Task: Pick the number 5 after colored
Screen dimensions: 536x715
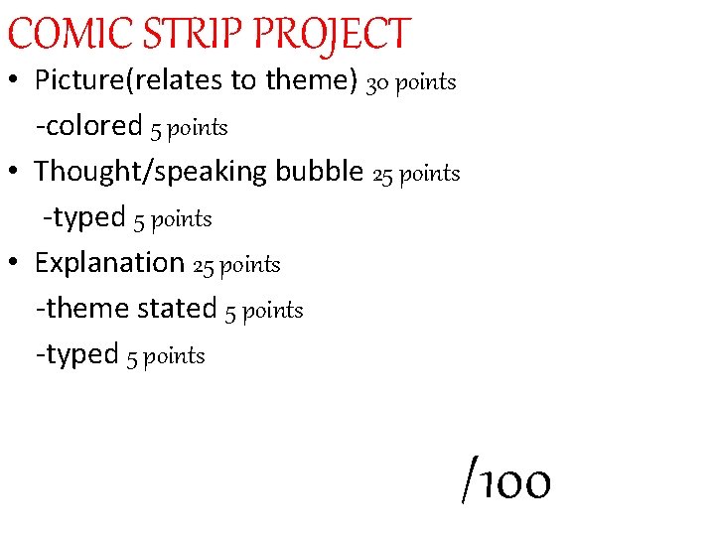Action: (x=156, y=128)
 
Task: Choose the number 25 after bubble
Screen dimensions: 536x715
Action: (x=382, y=175)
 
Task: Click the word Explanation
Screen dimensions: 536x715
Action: (x=109, y=263)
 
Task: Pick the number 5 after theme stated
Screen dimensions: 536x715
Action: (x=230, y=312)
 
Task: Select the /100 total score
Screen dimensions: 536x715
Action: (x=506, y=482)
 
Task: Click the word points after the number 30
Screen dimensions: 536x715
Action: (x=425, y=83)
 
